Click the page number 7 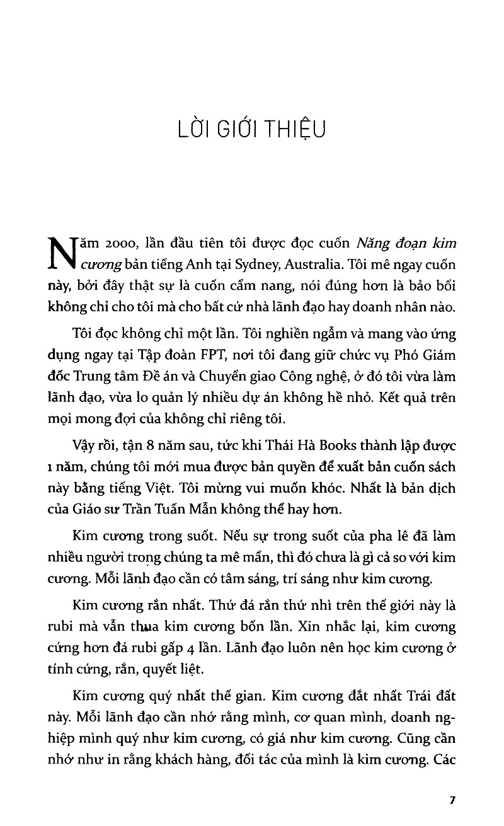(x=452, y=800)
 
